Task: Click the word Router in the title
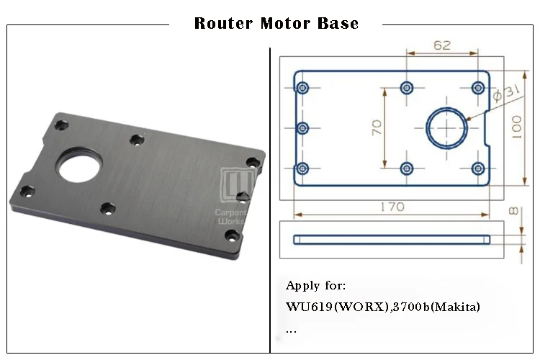223,24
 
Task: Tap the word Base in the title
338,24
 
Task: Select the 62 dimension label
442,45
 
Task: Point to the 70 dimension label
377,127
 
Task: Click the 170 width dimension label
392,207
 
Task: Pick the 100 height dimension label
516,127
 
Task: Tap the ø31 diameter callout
506,93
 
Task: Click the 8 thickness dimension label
513,211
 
